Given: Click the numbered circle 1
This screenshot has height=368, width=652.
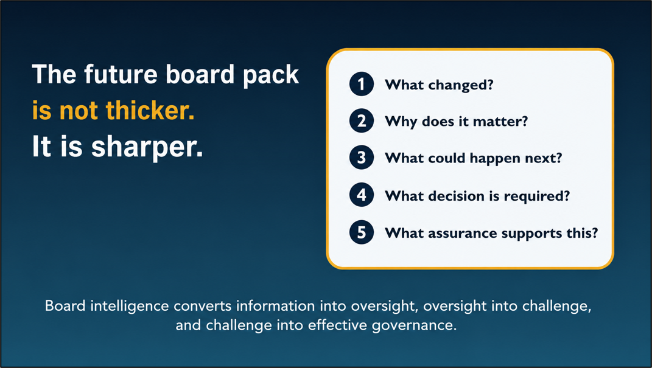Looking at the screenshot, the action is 362,85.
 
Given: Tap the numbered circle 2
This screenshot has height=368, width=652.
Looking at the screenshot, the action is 362,121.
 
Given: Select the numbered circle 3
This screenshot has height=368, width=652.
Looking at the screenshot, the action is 362,158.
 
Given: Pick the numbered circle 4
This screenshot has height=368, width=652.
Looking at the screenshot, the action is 362,195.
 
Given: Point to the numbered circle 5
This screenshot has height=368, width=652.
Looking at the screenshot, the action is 362,232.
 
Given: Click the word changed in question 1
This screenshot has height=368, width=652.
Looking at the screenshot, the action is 461,86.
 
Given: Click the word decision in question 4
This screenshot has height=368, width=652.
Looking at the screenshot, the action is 457,196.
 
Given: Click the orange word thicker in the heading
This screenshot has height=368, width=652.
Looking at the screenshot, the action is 150,111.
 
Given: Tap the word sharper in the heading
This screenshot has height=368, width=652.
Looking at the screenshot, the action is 147,148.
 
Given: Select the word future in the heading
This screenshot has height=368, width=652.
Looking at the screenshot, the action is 121,74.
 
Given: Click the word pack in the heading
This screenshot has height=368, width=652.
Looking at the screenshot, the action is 271,75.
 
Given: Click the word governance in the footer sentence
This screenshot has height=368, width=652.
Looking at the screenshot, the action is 414,325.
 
